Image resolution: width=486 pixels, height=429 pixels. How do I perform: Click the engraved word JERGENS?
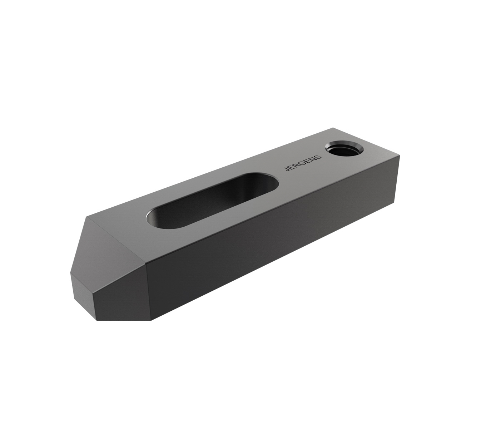click(x=303, y=163)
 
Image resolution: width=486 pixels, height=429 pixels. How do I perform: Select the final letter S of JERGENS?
click(x=319, y=157)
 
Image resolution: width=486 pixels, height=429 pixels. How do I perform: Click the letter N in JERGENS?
click(x=314, y=159)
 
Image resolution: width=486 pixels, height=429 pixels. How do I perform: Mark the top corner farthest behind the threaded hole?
click(x=333, y=128)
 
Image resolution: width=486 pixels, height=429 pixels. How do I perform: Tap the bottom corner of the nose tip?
click(x=97, y=320)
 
